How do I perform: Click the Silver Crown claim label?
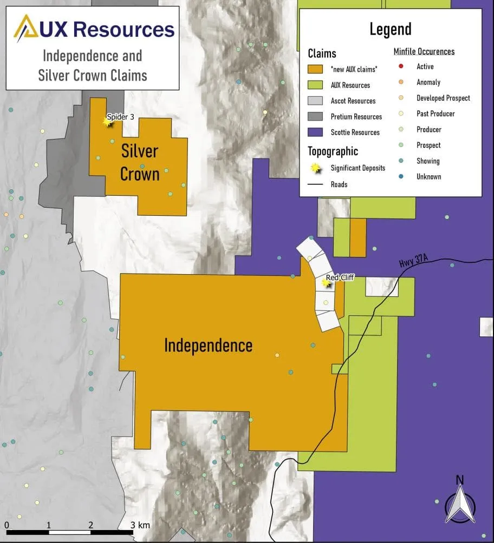coord(140,162)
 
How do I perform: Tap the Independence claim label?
coord(208,345)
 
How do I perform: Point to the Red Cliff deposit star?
coord(326,282)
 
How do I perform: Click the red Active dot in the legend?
coord(400,67)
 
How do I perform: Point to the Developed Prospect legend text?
coord(443,98)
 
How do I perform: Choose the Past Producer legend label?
coord(435,114)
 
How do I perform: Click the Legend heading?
coord(390,29)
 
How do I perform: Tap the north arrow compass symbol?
coord(460,502)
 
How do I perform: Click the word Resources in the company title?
coord(124,29)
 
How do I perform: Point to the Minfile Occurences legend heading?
coord(424,52)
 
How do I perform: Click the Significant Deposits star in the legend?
coord(315,168)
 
